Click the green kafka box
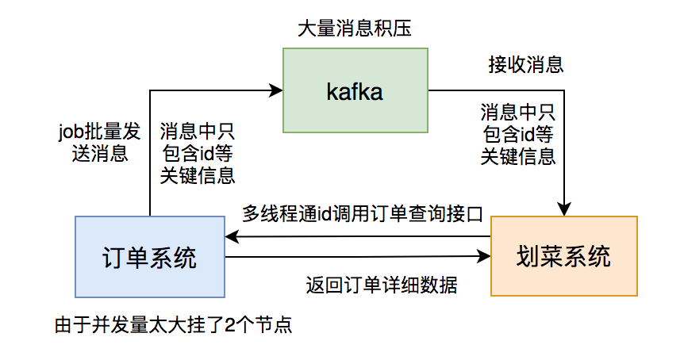355,90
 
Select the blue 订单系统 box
149,257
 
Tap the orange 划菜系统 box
563,257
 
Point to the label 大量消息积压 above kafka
354,29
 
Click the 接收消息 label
526,64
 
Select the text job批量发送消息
94,141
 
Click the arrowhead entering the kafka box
277,90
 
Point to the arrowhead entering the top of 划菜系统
563,211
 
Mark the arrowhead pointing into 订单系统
232,237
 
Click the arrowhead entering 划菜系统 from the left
485,257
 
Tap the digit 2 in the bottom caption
229,325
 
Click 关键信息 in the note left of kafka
198,176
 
